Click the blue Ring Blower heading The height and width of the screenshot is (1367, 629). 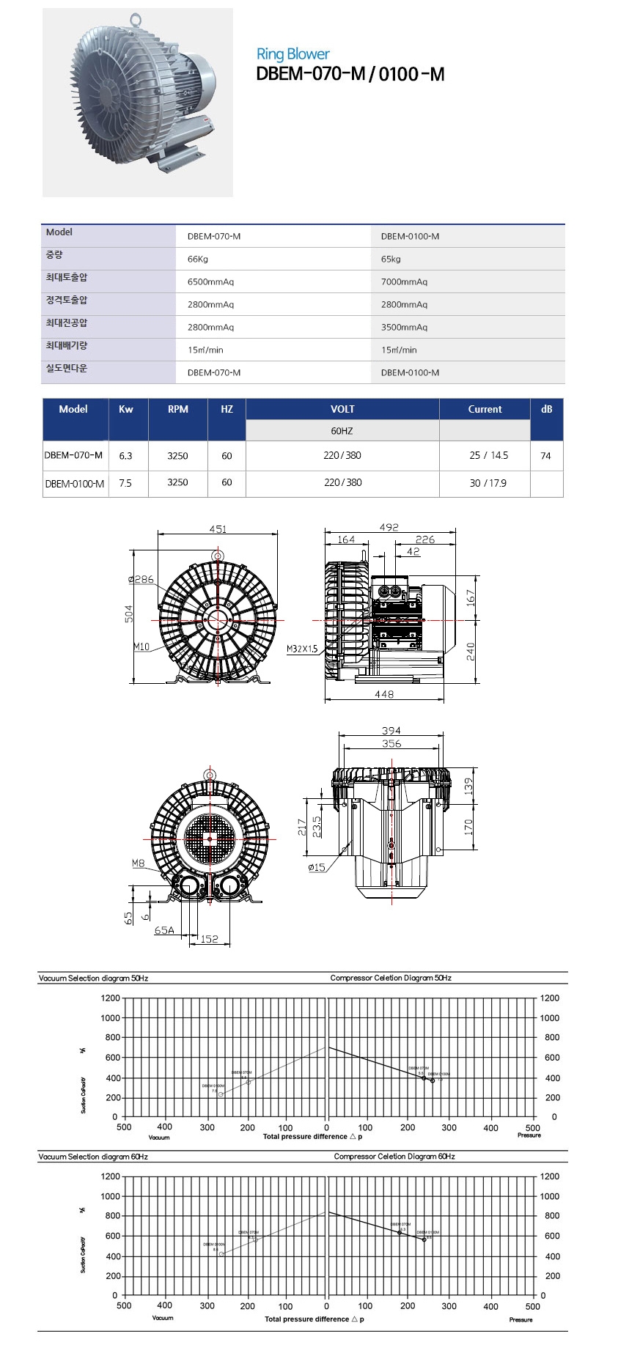[293, 54]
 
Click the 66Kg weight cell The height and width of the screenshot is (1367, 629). [198, 259]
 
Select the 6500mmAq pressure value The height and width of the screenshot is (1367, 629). [210, 281]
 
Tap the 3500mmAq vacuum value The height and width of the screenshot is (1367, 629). [404, 327]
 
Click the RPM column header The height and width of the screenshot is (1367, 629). [177, 409]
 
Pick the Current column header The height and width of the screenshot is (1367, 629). [485, 409]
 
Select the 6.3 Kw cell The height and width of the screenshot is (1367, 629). [125, 455]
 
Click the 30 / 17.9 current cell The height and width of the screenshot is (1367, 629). [488, 483]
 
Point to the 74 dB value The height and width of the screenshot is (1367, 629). [545, 455]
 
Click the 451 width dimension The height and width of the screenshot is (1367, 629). [218, 528]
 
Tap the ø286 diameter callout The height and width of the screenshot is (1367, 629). [141, 579]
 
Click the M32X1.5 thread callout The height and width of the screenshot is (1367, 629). [302, 649]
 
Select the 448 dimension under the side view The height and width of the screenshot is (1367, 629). [384, 694]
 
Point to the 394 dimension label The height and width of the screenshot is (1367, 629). [391, 730]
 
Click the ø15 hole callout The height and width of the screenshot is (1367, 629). [317, 867]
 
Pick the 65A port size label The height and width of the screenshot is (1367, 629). [164, 930]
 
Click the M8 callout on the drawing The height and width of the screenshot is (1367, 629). [139, 863]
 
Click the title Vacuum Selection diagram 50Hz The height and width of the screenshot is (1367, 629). [93, 979]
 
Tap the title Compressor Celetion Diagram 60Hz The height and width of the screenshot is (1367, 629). [394, 1157]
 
